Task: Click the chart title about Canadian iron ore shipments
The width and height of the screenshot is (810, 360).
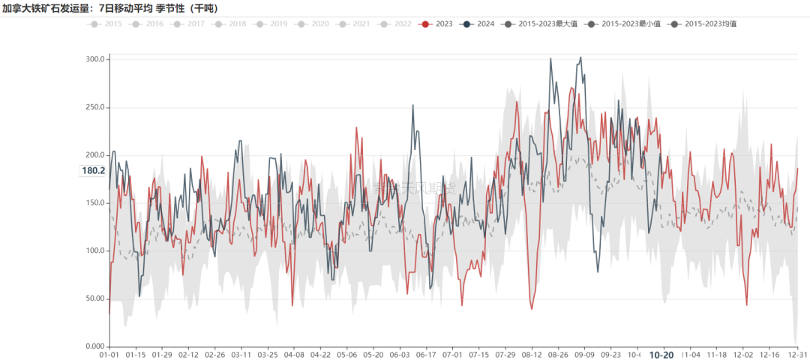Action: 111,8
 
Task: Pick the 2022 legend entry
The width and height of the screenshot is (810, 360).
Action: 394,24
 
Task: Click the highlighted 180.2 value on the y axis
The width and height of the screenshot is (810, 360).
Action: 93,171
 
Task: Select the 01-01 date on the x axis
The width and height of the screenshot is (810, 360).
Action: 109,355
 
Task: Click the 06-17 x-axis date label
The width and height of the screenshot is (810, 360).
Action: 425,355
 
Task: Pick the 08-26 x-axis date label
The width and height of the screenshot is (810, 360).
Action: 557,355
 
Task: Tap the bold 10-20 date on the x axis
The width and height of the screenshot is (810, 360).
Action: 661,355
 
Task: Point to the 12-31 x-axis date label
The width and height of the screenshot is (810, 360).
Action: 796,355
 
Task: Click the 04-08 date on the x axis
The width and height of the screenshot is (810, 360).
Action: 294,355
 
